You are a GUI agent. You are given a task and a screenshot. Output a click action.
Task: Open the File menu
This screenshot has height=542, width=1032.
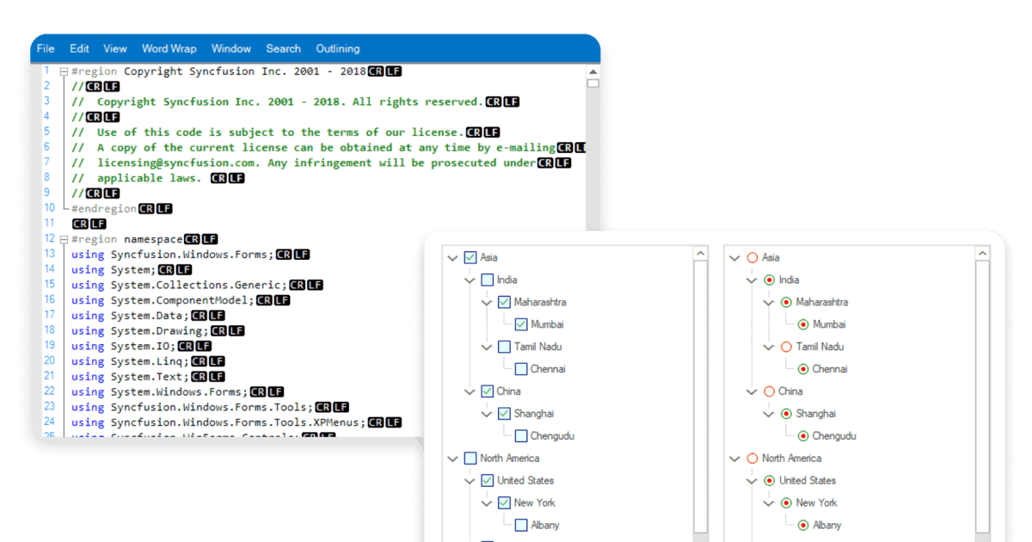[x=46, y=49]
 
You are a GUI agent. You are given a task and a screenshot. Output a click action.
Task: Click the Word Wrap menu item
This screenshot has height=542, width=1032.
[x=169, y=49]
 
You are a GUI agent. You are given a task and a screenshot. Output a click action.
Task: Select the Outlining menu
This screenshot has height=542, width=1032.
[x=338, y=49]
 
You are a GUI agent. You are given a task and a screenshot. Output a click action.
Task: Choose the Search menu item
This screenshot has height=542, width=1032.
[x=283, y=49]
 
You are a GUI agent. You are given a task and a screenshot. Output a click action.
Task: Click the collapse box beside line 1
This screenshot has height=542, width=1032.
[x=64, y=71]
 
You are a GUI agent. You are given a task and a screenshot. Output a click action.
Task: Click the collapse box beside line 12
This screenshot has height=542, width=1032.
[x=64, y=239]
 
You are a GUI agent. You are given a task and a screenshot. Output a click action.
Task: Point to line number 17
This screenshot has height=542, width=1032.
[x=50, y=315]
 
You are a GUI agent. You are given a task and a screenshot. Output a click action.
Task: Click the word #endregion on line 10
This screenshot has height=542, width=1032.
[x=104, y=209]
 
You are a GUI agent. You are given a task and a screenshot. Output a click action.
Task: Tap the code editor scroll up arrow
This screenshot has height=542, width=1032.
[x=593, y=72]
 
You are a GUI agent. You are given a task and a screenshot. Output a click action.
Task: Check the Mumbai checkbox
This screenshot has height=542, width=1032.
[x=521, y=324]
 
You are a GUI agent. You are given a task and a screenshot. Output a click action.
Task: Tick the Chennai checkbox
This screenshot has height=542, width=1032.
[x=521, y=369]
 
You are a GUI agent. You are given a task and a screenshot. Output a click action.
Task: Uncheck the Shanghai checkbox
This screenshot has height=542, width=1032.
[x=504, y=414]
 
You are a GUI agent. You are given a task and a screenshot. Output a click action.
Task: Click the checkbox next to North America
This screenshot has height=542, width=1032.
[x=470, y=458]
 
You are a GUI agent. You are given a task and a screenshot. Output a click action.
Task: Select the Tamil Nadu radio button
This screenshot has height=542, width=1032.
[x=786, y=347]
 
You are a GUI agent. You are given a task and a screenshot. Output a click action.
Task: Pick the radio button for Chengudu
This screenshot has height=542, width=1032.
[x=803, y=436]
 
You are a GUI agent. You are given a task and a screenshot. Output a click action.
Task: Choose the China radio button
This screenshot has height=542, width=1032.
[x=769, y=391]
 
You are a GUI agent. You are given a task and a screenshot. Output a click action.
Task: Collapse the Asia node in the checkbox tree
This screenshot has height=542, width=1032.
[x=453, y=258]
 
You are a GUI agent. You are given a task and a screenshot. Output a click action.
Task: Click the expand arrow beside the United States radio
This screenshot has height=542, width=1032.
[x=752, y=481]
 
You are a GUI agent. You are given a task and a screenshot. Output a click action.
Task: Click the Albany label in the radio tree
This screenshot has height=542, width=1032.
[x=827, y=526]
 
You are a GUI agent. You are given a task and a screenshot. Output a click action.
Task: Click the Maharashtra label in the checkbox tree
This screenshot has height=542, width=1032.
[x=540, y=302]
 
